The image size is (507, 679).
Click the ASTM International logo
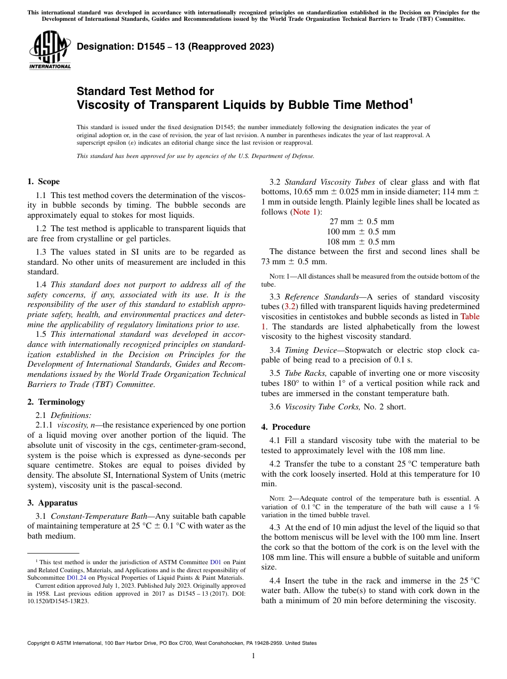pos(50,50)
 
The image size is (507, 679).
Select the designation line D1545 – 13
pos(175,46)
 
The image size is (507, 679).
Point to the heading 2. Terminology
pos(56,401)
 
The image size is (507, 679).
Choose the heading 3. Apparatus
pos(52,503)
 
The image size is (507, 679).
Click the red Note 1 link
pos(304,212)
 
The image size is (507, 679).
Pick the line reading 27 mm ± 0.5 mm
pos(361,222)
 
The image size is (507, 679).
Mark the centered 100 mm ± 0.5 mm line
pos(361,232)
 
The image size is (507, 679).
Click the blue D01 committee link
pos(216,562)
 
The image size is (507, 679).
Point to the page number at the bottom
pos(253,656)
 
